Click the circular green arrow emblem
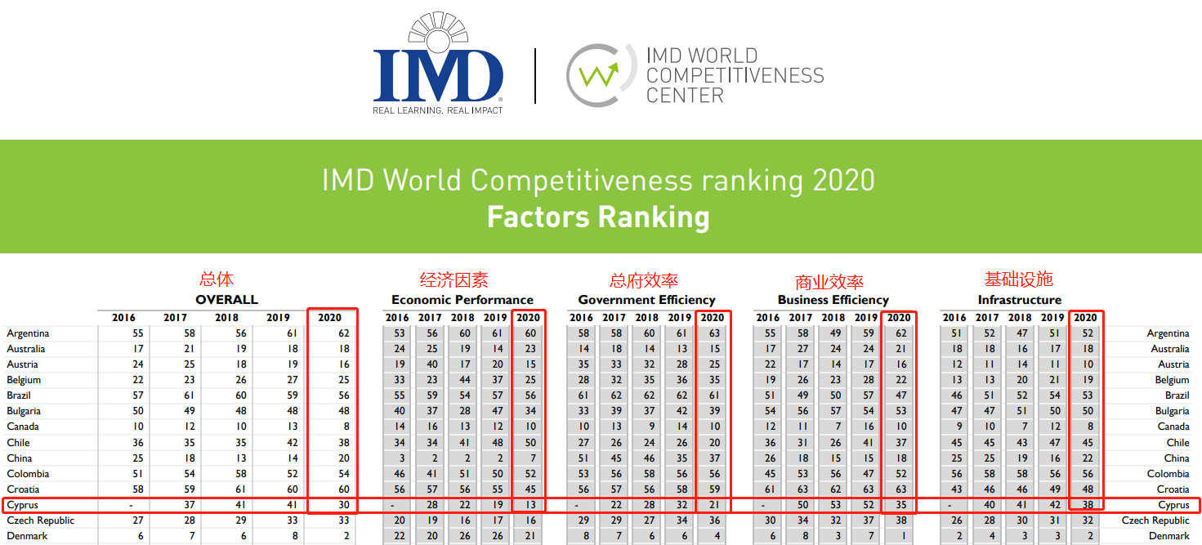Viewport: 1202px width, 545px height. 598,75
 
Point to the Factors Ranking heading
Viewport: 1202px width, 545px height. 598,218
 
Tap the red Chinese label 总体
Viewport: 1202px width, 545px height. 217,279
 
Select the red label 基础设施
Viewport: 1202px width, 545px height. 1018,279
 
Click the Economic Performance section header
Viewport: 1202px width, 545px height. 462,300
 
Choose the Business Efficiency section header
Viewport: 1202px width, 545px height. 833,300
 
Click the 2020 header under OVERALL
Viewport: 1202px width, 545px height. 330,318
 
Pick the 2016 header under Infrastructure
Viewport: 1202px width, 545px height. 954,318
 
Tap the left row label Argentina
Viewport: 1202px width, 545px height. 28,333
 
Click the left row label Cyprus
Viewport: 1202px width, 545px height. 22,505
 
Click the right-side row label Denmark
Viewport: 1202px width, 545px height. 1169,536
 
